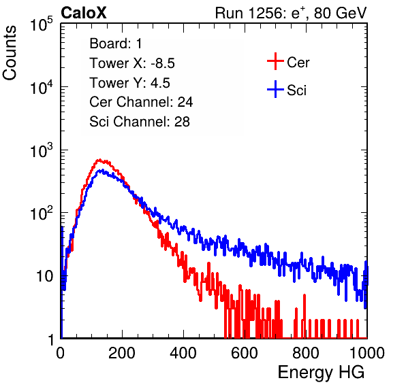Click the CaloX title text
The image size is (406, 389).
pyautogui.click(x=83, y=13)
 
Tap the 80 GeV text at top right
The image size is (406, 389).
pyautogui.click(x=341, y=13)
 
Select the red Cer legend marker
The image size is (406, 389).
pyautogui.click(x=275, y=61)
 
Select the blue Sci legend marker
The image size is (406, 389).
pyautogui.click(x=275, y=90)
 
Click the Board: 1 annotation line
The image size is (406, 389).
pyautogui.click(x=116, y=44)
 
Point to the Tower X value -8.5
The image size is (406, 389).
pyautogui.click(x=163, y=63)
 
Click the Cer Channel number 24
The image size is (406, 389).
pyautogui.click(x=185, y=102)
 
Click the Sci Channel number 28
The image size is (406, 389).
pyautogui.click(x=182, y=122)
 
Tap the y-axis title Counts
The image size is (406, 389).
pyautogui.click(x=10, y=53)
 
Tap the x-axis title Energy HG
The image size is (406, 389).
pyautogui.click(x=321, y=373)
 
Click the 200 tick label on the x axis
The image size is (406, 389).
pyautogui.click(x=122, y=353)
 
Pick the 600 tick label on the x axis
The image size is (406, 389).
pyautogui.click(x=245, y=353)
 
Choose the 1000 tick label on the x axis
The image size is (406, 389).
pyautogui.click(x=367, y=353)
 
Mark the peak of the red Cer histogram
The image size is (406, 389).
pyautogui.click(x=99, y=160)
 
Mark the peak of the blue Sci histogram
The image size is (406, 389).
pyautogui.click(x=102, y=170)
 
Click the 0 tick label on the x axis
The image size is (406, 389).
pyautogui.click(x=60, y=353)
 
